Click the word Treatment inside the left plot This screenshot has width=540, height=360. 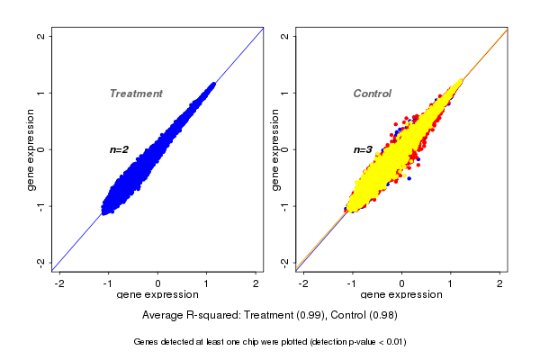point(136,94)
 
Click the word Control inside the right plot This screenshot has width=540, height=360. point(372,94)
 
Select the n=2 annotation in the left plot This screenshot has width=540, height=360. point(120,149)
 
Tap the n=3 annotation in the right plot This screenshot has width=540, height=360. point(363,149)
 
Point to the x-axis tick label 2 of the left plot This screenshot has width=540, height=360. point(256,283)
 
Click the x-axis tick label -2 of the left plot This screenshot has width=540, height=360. point(59,283)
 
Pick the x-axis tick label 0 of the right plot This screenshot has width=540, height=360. point(402,283)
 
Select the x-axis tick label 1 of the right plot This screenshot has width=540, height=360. point(451,283)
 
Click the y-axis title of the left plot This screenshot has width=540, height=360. point(31,149)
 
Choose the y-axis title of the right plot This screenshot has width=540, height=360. point(275,149)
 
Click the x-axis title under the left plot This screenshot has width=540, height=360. point(158,295)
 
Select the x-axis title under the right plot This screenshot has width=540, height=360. point(402,295)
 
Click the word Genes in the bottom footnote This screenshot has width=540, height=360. point(146,342)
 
